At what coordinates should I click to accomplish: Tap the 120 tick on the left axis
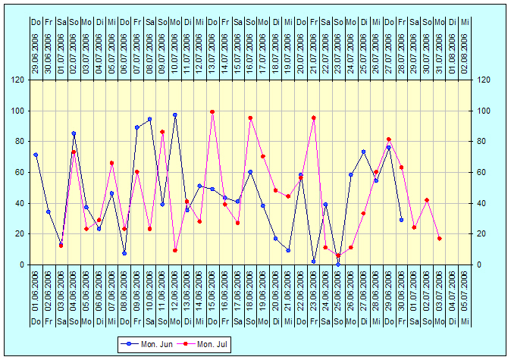17,80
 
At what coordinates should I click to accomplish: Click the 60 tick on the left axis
19,172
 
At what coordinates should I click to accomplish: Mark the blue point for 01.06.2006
36,155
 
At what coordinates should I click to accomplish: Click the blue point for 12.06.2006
174,115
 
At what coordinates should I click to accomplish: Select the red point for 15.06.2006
212,112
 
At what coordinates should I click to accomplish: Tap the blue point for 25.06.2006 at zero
338,264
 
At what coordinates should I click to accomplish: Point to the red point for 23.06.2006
313,118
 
